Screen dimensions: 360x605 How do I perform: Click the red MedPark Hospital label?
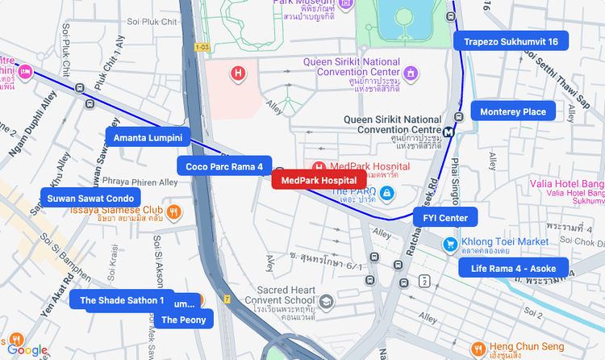pos(319,180)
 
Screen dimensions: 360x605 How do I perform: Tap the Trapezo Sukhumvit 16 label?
pos(511,41)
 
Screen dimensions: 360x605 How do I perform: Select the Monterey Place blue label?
pos(513,111)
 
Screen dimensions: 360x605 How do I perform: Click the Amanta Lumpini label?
pos(148,138)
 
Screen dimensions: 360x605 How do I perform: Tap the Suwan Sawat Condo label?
pos(90,198)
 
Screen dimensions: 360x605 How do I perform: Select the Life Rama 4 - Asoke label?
pos(513,268)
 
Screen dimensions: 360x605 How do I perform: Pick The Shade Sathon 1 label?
pos(121,300)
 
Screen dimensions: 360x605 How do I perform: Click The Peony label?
pos(183,320)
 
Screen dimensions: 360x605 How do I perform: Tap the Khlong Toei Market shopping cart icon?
pos(450,243)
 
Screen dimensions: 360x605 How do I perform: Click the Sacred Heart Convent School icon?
pos(326,302)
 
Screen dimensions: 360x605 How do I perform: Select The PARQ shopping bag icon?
pos(387,193)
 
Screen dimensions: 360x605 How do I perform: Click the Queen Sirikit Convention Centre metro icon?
pos(449,131)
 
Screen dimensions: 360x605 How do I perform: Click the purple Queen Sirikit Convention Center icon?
pos(412,73)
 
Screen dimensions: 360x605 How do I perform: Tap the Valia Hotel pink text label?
pos(567,188)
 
